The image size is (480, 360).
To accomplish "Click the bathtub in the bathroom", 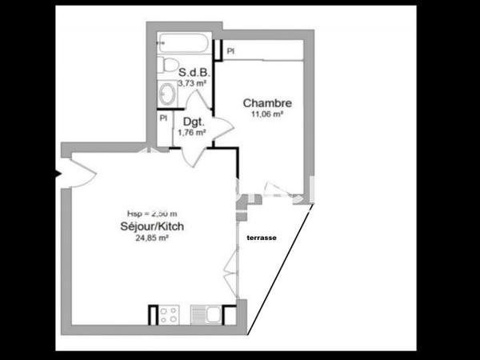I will coord(184,42).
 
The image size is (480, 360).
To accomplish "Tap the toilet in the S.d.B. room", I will coord(166,64).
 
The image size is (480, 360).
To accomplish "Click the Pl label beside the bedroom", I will coord(230,51).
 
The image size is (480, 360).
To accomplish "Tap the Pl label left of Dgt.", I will coord(163,118).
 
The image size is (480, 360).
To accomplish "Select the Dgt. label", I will coord(194,122).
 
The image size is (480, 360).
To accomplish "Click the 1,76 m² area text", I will coord(192,132).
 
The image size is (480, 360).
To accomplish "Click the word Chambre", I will coord(266,102).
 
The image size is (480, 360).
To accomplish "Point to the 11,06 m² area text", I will coord(266,114).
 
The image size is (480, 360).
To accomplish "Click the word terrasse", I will coord(263,238).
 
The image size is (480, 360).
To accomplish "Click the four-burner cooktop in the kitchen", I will coord(169,314).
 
